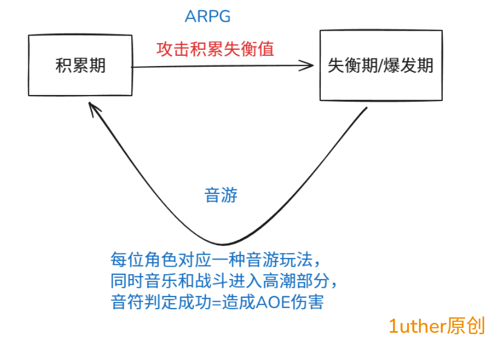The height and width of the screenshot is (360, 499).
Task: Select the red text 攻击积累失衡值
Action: (215, 49)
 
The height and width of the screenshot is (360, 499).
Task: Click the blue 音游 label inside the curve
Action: (220, 195)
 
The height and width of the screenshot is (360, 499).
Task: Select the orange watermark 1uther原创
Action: (436, 326)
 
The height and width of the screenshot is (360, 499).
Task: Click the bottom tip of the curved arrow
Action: (221, 244)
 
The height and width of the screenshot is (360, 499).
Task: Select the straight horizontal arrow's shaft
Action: (219, 67)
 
